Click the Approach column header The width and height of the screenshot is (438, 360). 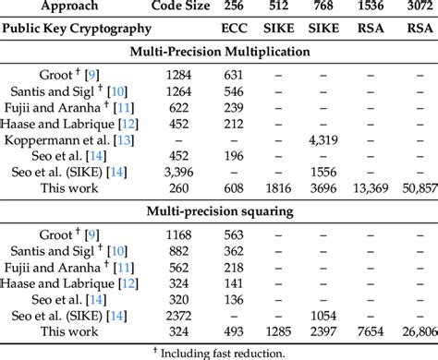pos(62,6)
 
